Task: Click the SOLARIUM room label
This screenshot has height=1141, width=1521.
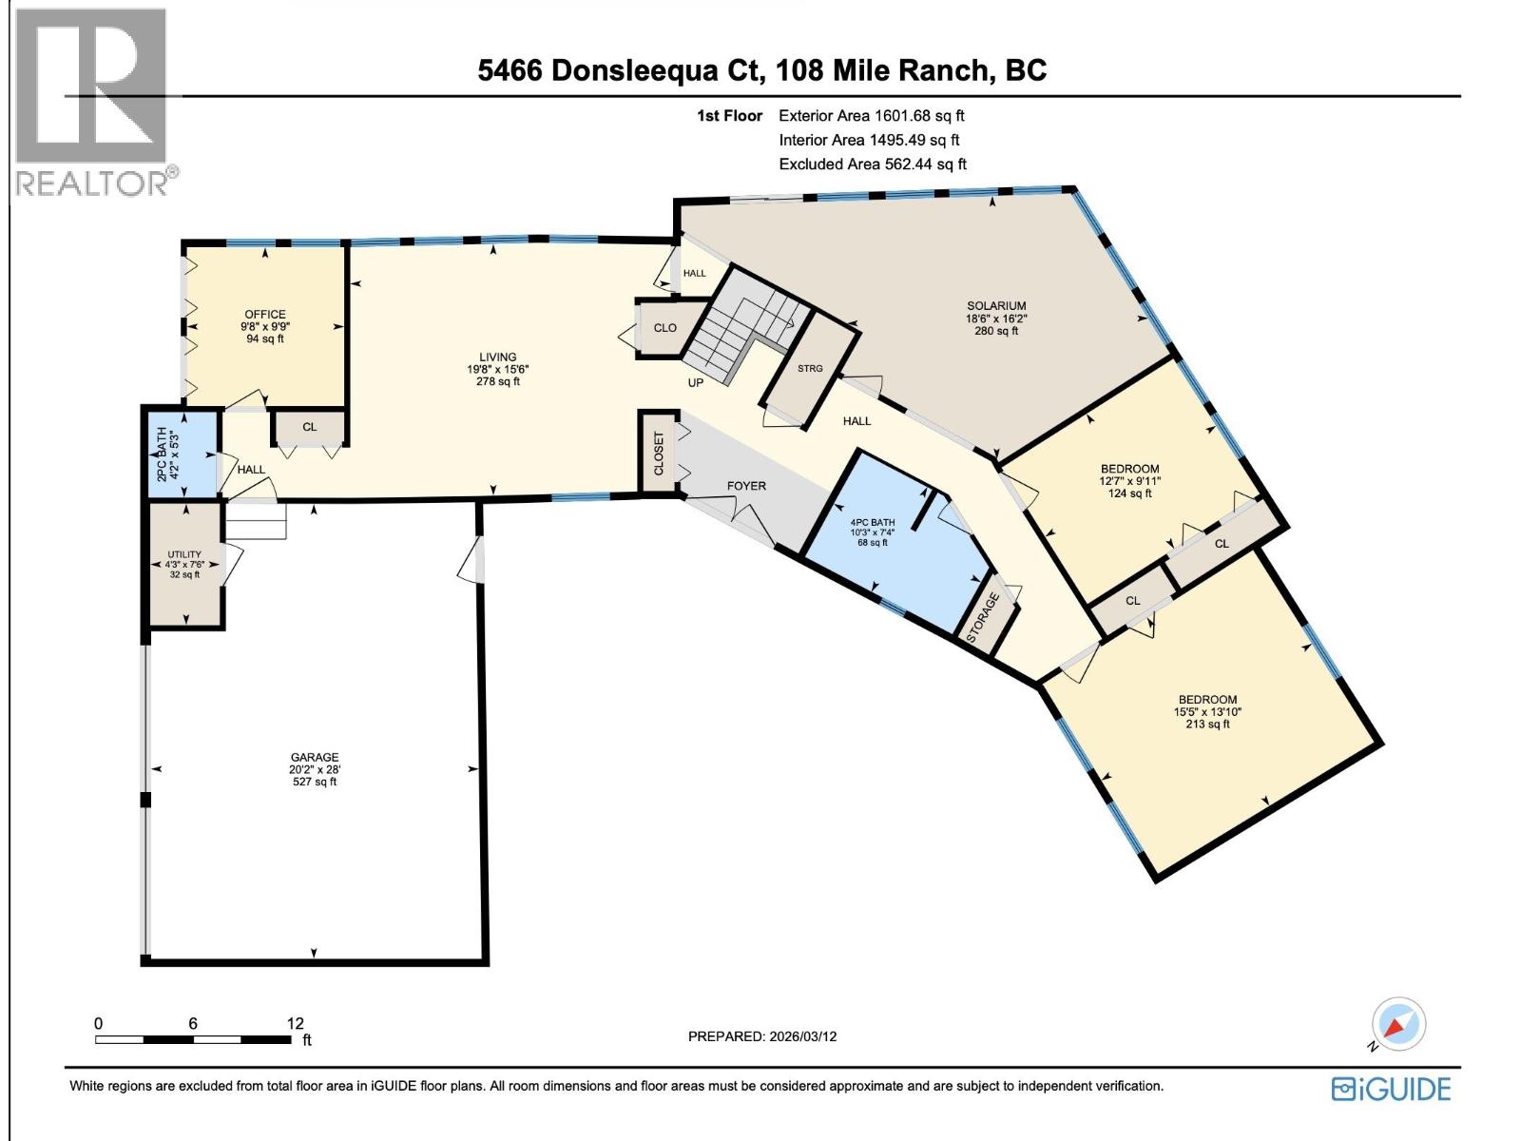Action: [x=995, y=306]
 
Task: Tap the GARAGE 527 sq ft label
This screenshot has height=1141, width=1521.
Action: [x=315, y=769]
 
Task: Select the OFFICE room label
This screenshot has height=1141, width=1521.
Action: [x=264, y=315]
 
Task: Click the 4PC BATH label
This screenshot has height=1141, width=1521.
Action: [x=872, y=522]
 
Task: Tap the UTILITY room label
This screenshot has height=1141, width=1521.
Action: [x=184, y=554]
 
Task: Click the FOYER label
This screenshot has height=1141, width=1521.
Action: [x=746, y=486]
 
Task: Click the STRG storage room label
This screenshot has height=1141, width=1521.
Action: [x=810, y=369]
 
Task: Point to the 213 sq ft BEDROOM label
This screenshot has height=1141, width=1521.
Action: [x=1207, y=711]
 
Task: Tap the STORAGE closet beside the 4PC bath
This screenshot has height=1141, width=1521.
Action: [x=985, y=618]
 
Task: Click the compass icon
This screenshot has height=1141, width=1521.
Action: [x=1400, y=1024]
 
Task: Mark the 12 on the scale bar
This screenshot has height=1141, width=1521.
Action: [x=295, y=1023]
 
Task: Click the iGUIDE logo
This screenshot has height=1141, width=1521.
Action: [x=1391, y=1088]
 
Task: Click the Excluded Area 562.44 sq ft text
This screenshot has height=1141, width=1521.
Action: [x=872, y=164]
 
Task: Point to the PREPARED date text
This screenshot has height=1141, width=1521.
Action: [x=761, y=1036]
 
